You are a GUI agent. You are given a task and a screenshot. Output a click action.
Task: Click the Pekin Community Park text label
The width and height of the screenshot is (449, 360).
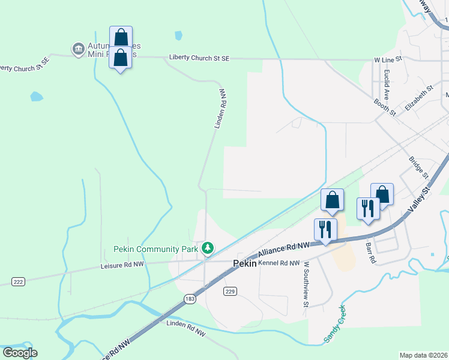tap(155, 249)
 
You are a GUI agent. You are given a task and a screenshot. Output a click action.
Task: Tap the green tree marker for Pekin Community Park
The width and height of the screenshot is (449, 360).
tap(208, 247)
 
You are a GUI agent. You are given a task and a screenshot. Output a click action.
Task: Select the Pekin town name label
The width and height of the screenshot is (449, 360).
tap(244, 263)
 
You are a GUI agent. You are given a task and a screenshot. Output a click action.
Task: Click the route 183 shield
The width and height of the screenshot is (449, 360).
tap(190, 299)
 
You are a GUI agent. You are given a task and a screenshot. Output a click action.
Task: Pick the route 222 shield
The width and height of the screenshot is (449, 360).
tap(18, 281)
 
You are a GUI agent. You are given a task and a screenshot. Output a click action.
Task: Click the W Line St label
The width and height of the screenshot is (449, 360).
tap(387, 60)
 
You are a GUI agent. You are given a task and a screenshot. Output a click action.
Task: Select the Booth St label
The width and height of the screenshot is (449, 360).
tap(385, 107)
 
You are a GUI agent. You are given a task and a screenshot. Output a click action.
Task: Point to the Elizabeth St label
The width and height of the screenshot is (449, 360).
tap(419, 97)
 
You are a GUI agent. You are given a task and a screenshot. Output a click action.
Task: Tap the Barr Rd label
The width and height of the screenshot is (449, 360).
tap(370, 252)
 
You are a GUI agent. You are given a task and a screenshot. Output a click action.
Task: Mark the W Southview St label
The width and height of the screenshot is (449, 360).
tap(306, 284)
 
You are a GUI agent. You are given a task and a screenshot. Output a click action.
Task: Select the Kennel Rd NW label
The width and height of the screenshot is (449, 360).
tap(279, 263)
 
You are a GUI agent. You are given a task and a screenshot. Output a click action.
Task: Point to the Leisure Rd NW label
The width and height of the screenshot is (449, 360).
tap(122, 264)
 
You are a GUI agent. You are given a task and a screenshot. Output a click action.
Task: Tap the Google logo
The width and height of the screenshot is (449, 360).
tap(20, 352)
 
